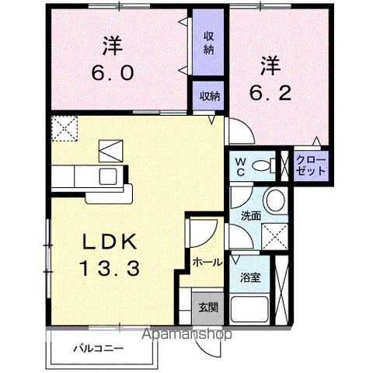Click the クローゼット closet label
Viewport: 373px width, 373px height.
point(311,164)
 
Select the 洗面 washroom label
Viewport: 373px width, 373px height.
point(249,215)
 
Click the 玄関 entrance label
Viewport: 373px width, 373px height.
point(208,306)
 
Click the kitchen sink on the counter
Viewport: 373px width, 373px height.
point(106,176)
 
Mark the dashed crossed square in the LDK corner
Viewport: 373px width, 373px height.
point(64,127)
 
